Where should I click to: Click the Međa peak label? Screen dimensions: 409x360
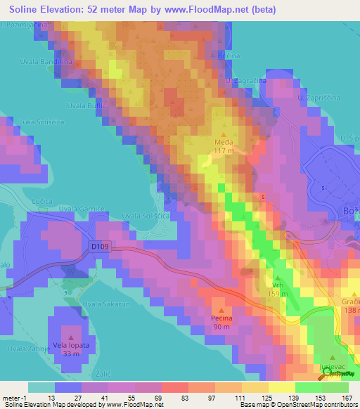(x=224, y=141)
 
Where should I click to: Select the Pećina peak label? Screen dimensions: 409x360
(x=222, y=318)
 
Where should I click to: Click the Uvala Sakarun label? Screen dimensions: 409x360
(x=106, y=304)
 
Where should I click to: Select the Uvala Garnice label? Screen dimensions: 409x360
(x=82, y=209)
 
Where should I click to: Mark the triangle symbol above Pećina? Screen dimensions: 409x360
(x=222, y=310)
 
